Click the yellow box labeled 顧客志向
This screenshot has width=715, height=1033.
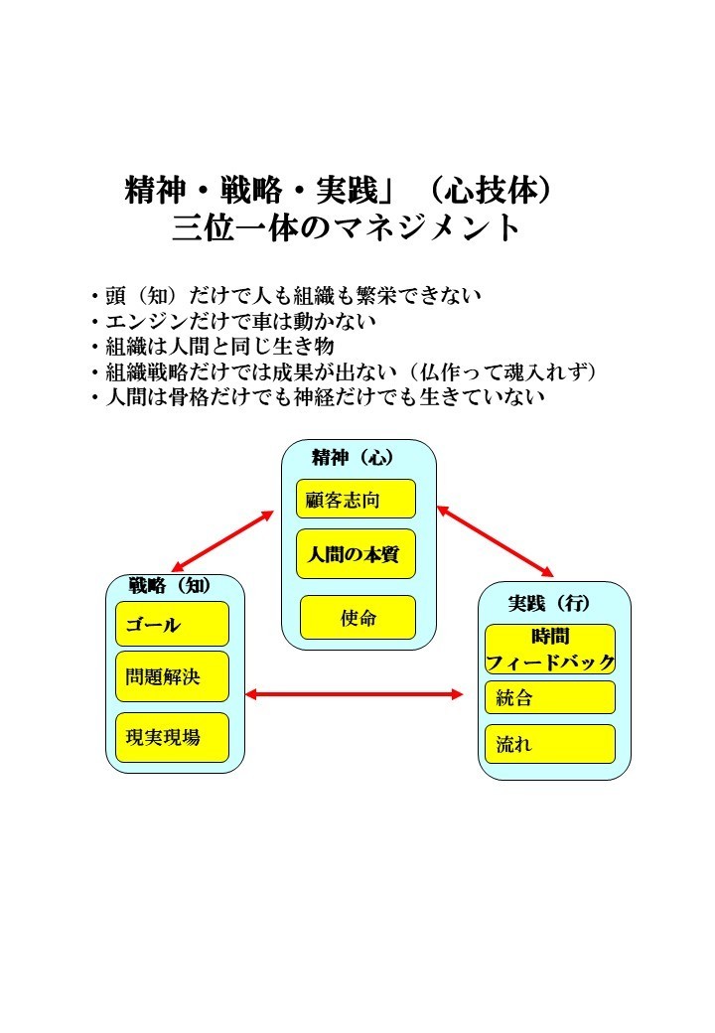point(356,499)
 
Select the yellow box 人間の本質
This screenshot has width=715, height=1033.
point(356,553)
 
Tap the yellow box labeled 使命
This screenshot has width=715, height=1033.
point(357,617)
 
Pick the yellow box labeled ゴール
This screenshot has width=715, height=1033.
point(172,623)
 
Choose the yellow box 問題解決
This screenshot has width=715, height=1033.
point(172,676)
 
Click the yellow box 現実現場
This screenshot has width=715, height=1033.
point(172,737)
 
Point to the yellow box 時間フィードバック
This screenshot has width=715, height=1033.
point(550,649)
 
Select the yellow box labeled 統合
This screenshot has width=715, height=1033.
point(550,697)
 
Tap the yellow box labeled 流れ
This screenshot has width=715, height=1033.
point(550,744)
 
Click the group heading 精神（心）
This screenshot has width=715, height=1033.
point(353,457)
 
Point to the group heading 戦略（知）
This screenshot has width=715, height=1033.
point(170,585)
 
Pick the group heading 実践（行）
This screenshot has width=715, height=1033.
point(549,603)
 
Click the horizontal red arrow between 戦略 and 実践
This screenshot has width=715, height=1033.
point(355,693)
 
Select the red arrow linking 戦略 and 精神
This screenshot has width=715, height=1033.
point(222,541)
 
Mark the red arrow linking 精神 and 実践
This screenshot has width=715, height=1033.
point(496,541)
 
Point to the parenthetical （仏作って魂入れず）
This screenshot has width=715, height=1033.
point(503,371)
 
